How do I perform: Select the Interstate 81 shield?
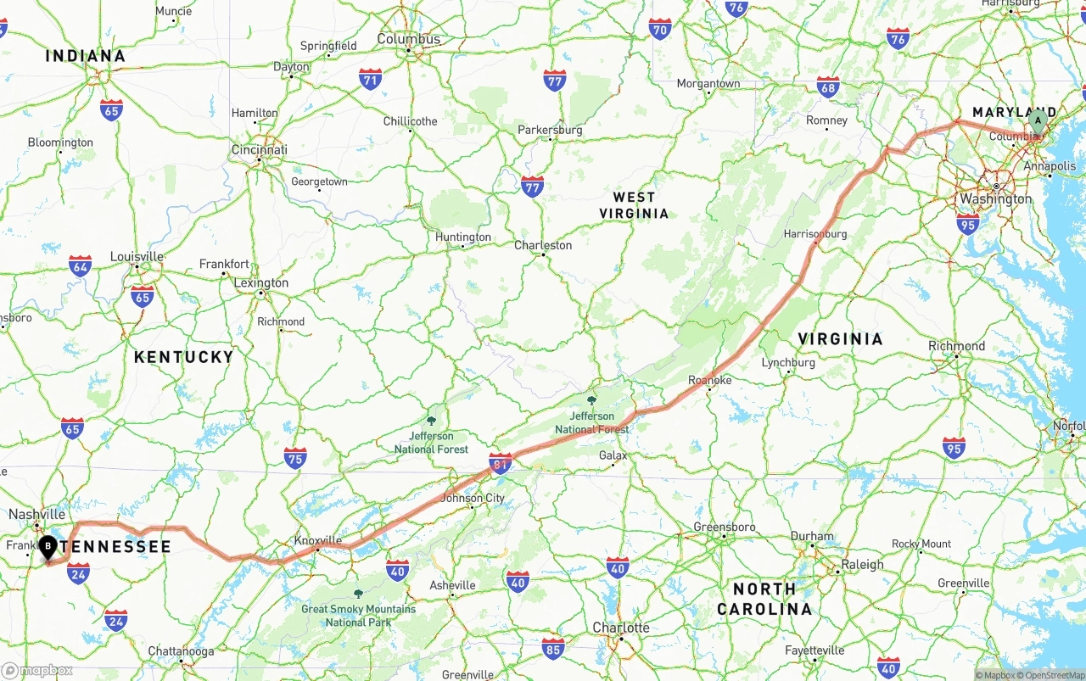[501, 464]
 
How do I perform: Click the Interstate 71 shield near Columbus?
[370, 80]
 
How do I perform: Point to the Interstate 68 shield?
[828, 87]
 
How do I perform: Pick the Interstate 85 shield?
[553, 649]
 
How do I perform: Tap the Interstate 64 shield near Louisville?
[81, 265]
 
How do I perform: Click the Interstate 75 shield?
[295, 458]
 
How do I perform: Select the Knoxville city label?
[317, 540]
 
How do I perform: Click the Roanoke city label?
[709, 380]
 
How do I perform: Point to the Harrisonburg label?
[815, 233]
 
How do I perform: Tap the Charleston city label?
[543, 245]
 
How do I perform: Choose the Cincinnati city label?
[260, 150]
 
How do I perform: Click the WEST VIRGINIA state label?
[635, 205]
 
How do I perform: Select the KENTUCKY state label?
[183, 357]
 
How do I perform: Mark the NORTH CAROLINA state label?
[764, 599]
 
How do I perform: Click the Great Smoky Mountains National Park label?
[358, 615]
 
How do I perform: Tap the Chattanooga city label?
[181, 651]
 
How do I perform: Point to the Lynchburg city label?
[788, 362]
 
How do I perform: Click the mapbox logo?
[38, 670]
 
